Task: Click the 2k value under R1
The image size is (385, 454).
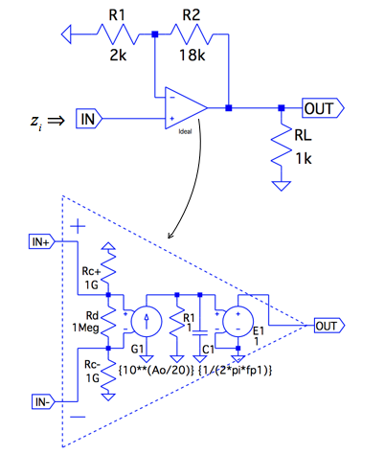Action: (118, 56)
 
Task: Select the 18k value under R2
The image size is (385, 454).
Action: (192, 56)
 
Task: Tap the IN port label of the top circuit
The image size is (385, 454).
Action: (89, 119)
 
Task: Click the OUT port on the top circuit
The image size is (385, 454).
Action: (323, 108)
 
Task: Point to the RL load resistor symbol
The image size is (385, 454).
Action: (282, 146)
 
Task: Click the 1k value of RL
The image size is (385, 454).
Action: (304, 158)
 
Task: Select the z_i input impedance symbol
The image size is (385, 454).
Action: (36, 122)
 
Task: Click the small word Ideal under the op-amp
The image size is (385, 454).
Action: (185, 131)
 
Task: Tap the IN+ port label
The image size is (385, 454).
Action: (41, 241)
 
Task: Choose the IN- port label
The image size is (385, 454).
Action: (43, 401)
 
